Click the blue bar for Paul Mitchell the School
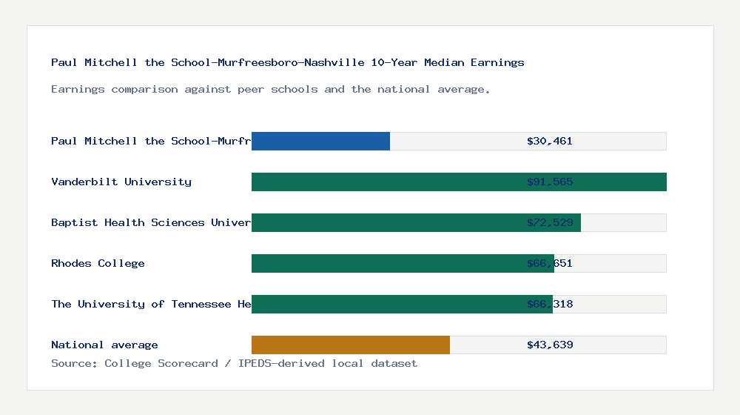coord(320,141)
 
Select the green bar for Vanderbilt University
coord(385,182)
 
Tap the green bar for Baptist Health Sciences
coord(385,222)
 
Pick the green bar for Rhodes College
coord(385,263)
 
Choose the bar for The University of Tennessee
coord(385,304)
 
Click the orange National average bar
coord(351,345)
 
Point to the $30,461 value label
coord(550,141)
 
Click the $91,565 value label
coord(550,182)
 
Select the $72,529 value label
coord(550,222)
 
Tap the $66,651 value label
coord(550,263)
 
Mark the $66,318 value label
coord(550,304)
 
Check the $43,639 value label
coord(550,345)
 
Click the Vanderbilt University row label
coord(121,182)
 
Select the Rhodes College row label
coord(98,263)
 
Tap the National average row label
coord(104,345)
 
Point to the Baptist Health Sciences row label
coord(151,222)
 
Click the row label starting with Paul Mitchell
coord(151,141)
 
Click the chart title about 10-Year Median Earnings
coord(287,62)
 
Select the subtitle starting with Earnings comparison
coord(270,89)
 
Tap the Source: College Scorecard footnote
coord(234,363)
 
